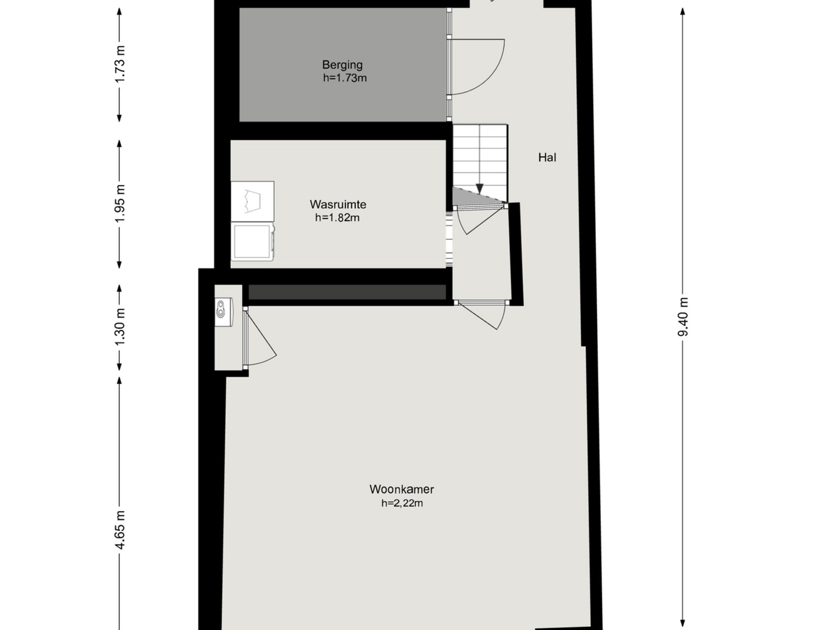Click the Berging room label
[x=342, y=65]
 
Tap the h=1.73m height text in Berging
[x=345, y=78]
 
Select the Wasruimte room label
[x=338, y=204]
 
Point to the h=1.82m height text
[x=337, y=218]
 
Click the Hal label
[x=547, y=157]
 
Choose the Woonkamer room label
[x=402, y=489]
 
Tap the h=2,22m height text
[x=402, y=503]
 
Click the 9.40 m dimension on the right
[x=682, y=317]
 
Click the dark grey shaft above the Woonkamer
[x=347, y=292]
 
